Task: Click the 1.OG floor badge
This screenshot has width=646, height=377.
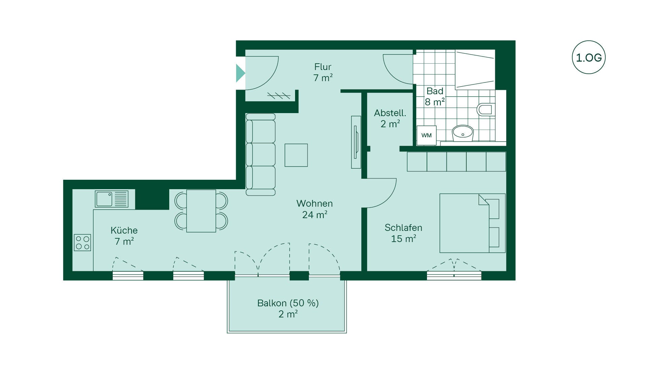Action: pyautogui.click(x=588, y=57)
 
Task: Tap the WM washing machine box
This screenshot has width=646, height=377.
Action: pyautogui.click(x=426, y=135)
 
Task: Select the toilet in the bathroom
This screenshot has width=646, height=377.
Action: pyautogui.click(x=486, y=109)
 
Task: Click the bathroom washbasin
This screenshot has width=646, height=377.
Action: pyautogui.click(x=463, y=133)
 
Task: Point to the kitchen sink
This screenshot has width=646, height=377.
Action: pyautogui.click(x=111, y=199)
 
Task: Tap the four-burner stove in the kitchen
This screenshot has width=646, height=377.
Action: pyautogui.click(x=82, y=242)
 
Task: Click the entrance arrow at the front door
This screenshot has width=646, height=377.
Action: pyautogui.click(x=240, y=73)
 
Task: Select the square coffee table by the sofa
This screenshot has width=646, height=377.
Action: pyautogui.click(x=296, y=155)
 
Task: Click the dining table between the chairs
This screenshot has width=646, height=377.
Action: pyautogui.click(x=201, y=211)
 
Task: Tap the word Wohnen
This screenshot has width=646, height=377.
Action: pyautogui.click(x=315, y=203)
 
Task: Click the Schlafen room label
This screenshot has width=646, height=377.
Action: pyautogui.click(x=403, y=228)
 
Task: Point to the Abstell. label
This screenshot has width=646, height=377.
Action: pyautogui.click(x=390, y=113)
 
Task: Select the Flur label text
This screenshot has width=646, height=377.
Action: pyautogui.click(x=323, y=67)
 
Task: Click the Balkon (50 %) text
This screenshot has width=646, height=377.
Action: pyautogui.click(x=288, y=303)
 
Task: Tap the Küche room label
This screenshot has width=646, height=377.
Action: pyautogui.click(x=124, y=230)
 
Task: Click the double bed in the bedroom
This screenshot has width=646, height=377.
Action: pyautogui.click(x=472, y=223)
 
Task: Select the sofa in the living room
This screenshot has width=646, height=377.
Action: pyautogui.click(x=260, y=155)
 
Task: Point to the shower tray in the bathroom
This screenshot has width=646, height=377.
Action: pyautogui.click(x=475, y=70)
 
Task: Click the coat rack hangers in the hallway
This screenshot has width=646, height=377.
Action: pyautogui.click(x=279, y=96)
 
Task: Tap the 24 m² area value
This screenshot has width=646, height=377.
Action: pyautogui.click(x=315, y=214)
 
